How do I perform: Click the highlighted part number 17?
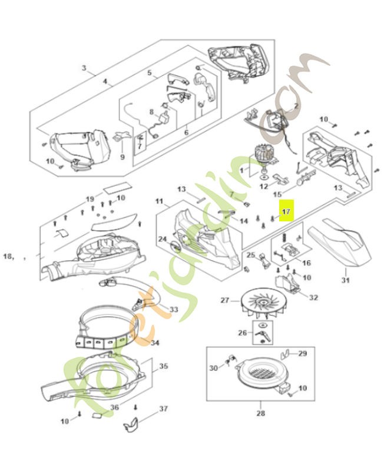tap(286, 211)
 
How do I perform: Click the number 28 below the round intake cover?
tap(261, 413)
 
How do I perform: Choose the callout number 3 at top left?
tap(84, 68)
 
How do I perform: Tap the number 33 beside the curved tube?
tap(174, 309)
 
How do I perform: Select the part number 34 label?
tap(155, 342)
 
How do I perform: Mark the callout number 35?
tap(163, 366)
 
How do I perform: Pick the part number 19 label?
tap(90, 198)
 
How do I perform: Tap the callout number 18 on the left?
tap(8, 256)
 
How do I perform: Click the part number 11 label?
tap(159, 201)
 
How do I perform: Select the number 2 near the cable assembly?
tap(296, 106)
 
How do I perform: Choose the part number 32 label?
tap(313, 297)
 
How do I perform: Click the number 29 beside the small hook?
tap(302, 353)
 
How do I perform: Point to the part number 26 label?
tap(241, 333)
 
